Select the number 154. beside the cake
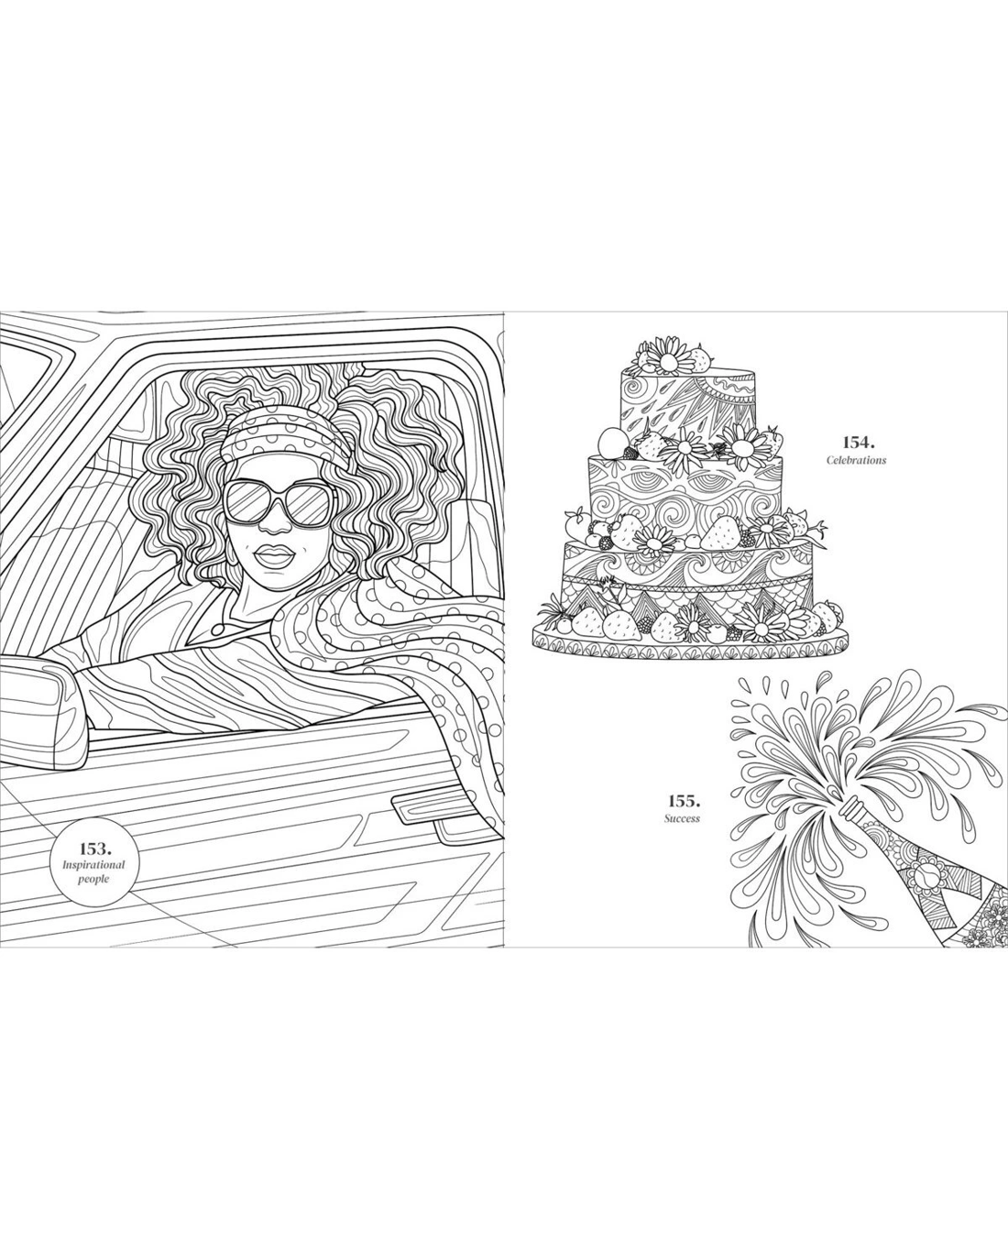pos(859,441)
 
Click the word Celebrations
pos(856,460)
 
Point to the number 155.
pos(683,799)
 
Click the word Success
pos(683,818)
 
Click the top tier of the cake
pos(685,404)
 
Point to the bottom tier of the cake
pos(687,580)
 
